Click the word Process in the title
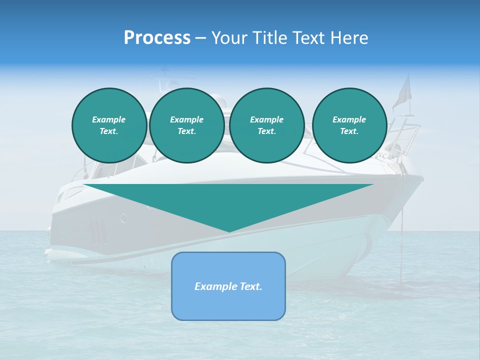point(157,38)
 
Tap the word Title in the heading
point(268,38)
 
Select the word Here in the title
point(349,38)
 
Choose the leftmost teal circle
point(109,125)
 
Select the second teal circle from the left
point(187,125)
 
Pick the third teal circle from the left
point(267,125)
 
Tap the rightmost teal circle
point(349,125)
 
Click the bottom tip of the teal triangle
point(229,230)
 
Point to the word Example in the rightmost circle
point(349,119)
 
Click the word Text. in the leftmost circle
point(108,131)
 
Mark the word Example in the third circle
point(266,119)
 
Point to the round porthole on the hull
point(124,217)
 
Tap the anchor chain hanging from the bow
point(400,235)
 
